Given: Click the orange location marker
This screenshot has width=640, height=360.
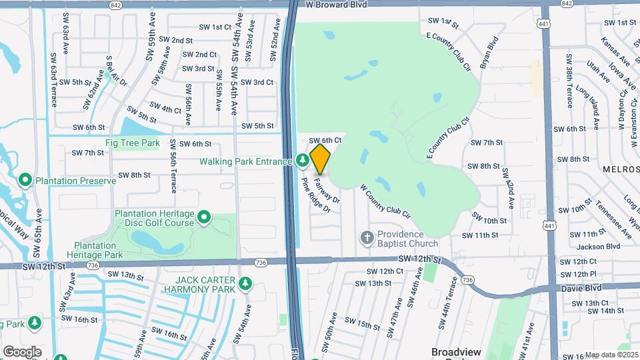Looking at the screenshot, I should (321, 159).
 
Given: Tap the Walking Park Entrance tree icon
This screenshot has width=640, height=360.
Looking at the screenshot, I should (302, 161).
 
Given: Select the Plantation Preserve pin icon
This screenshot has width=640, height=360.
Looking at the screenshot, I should (25, 181).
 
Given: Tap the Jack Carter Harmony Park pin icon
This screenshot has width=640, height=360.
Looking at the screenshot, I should (245, 284).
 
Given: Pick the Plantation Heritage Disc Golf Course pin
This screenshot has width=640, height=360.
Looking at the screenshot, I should (205, 218).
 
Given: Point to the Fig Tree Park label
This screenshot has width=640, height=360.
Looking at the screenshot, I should (132, 143).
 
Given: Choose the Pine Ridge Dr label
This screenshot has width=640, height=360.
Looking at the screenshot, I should (316, 195).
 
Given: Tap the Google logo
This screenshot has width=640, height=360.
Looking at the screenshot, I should (22, 351).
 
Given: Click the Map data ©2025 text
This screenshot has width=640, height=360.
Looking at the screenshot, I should (611, 355).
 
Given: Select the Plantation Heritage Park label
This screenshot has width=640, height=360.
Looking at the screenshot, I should (99, 250).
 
